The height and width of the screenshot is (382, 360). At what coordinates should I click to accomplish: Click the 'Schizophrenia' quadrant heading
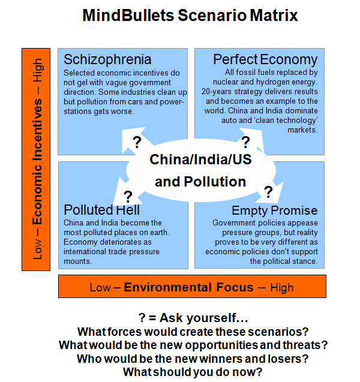coord(107,60)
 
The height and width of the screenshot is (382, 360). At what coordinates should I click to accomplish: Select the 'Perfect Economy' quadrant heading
coord(265,60)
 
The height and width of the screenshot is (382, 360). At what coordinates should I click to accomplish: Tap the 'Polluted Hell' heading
coord(101,210)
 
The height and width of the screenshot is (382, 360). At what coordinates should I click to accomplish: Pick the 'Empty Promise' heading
coord(275,210)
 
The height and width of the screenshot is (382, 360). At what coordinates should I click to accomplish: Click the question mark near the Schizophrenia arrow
coord(137,142)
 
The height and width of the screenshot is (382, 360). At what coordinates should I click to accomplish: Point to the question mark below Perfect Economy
coord(245,142)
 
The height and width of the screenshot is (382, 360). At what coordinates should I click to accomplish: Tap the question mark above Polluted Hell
coord(128,197)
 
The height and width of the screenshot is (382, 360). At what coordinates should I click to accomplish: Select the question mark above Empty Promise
coord(268,192)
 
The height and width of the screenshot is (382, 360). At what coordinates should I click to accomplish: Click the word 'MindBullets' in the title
coord(128,16)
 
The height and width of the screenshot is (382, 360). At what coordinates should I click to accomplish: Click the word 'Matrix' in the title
coord(274,16)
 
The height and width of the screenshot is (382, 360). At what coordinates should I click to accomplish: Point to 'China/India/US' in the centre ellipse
coord(200,160)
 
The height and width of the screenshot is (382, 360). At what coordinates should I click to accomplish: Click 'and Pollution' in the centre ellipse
coord(200,182)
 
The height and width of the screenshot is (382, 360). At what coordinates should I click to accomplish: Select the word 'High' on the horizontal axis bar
coord(282,288)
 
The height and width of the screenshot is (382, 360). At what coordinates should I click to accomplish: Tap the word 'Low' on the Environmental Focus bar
coord(100,288)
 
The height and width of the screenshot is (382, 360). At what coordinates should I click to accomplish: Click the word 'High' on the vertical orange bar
coord(38,70)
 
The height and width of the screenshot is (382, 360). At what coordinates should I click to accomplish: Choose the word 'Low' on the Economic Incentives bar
coord(37,249)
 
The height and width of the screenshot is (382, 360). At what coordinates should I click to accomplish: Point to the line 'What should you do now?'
coord(193,372)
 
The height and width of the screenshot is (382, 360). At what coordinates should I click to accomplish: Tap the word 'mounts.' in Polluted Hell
coord(78,261)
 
